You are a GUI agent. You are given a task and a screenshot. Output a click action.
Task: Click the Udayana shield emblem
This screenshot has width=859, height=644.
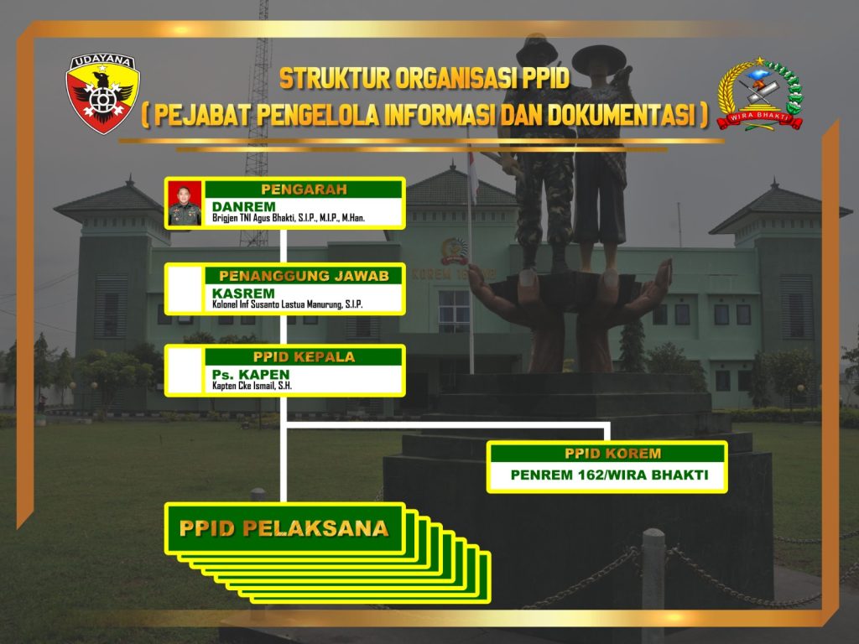(103, 94)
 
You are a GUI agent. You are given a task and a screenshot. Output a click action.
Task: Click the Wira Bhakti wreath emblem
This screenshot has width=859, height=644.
(760, 94)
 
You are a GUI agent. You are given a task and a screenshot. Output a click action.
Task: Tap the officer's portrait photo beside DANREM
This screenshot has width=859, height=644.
(185, 203)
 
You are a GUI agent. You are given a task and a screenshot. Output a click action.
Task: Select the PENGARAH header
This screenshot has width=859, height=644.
(304, 190)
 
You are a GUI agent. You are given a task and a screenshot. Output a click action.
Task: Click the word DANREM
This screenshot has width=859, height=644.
(244, 206)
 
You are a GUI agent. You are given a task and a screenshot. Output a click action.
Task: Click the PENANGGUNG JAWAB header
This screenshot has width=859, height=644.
(304, 275)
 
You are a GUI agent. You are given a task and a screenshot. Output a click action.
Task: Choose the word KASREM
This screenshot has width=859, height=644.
(243, 293)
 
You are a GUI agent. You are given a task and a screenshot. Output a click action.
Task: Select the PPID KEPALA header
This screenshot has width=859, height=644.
(304, 357)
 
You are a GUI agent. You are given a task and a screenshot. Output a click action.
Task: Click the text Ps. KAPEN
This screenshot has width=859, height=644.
(250, 375)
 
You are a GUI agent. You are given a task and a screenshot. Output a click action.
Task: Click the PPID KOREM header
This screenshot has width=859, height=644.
(613, 454)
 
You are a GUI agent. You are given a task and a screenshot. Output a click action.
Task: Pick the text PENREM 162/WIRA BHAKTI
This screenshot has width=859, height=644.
(609, 475)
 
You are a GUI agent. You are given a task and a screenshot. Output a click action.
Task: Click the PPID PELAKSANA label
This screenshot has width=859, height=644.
(284, 528)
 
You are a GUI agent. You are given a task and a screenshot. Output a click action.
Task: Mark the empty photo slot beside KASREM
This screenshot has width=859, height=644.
(185, 289)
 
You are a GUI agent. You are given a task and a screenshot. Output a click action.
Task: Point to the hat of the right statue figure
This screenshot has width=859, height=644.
(599, 55)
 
